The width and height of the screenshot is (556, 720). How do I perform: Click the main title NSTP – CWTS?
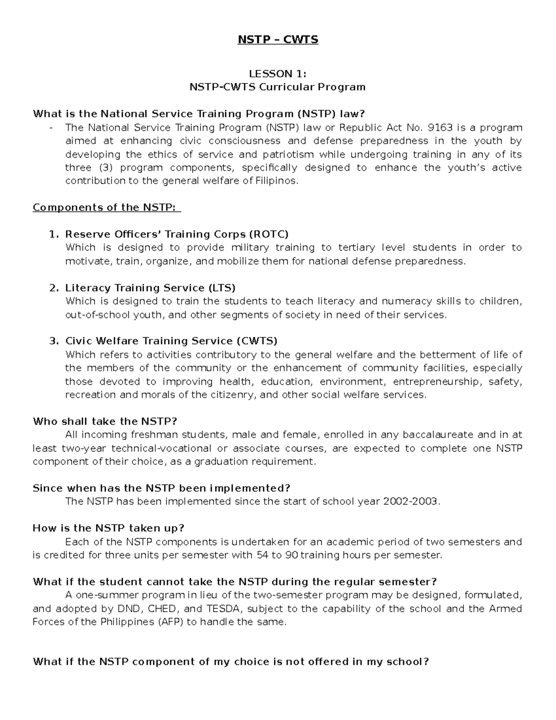pyautogui.click(x=278, y=40)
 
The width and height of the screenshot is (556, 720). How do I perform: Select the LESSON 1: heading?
pyautogui.click(x=278, y=74)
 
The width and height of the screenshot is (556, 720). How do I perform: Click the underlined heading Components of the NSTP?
pyautogui.click(x=106, y=208)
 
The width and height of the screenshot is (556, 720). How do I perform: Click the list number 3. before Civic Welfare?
pyautogui.click(x=54, y=341)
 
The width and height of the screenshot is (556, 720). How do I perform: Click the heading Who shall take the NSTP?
pyautogui.click(x=105, y=421)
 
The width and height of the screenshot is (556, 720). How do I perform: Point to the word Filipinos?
pyautogui.click(x=277, y=181)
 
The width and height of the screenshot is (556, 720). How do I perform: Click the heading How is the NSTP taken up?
pyautogui.click(x=108, y=529)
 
